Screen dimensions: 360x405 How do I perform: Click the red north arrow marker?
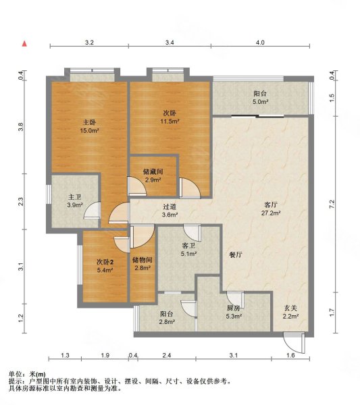(x=24, y=44)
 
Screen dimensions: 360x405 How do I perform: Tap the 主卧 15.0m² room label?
(x=89, y=126)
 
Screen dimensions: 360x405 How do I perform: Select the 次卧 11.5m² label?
(x=170, y=117)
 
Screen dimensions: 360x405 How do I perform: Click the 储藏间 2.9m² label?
(x=153, y=175)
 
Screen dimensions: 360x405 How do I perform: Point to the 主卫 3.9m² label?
(x=75, y=201)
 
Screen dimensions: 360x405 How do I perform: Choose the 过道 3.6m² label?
(x=170, y=211)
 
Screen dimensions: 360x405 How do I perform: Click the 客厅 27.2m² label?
(x=271, y=209)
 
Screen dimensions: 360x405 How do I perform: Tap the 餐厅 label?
(x=236, y=255)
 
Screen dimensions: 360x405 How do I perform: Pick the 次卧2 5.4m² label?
(x=105, y=266)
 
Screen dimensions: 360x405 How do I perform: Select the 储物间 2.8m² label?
(x=143, y=264)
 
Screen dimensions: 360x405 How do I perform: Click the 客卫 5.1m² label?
(x=188, y=250)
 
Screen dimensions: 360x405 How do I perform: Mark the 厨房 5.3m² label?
(x=234, y=312)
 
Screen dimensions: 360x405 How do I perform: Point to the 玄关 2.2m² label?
(x=290, y=312)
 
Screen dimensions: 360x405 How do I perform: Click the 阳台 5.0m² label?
(x=260, y=97)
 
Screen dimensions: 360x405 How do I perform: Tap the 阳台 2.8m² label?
(x=167, y=318)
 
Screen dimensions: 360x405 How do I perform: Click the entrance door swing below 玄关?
(x=294, y=343)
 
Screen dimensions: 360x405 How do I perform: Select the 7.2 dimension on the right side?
(x=332, y=205)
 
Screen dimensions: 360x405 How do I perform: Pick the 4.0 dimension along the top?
(x=260, y=43)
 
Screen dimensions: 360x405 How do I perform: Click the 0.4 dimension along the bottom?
(x=133, y=356)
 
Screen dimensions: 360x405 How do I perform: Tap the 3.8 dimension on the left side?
(x=21, y=127)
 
